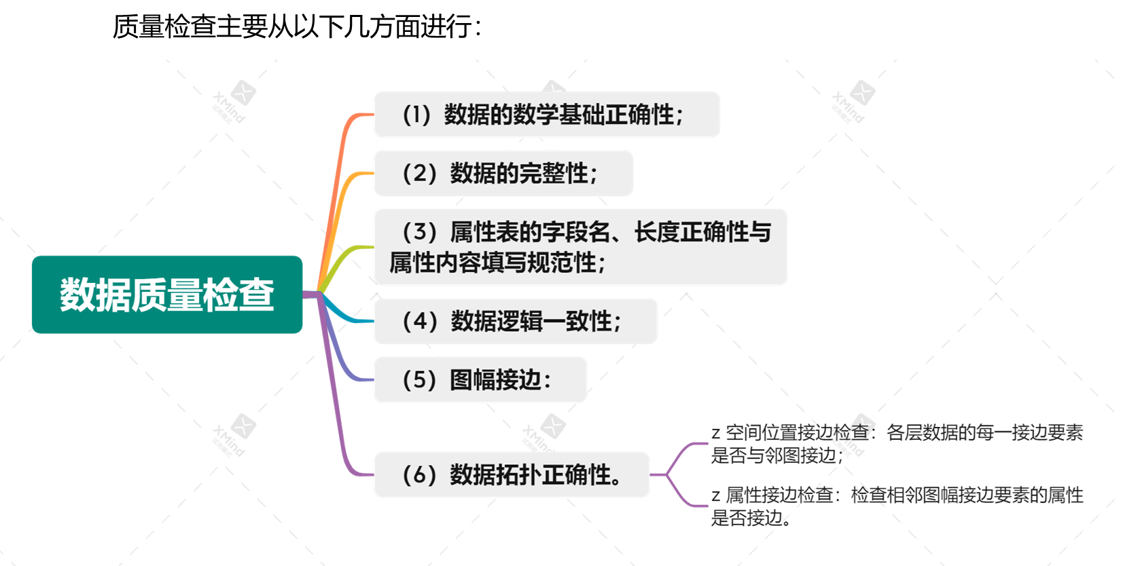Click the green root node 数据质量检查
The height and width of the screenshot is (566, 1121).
coord(166,295)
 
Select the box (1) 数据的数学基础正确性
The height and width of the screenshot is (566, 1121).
coord(546,115)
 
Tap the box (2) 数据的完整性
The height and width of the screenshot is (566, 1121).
coord(503,174)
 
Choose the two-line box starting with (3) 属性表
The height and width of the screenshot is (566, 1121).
coord(580,247)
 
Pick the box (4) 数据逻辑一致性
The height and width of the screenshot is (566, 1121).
coord(515,321)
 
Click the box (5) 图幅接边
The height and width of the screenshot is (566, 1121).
coord(480,379)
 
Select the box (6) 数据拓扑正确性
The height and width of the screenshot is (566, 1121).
coord(511,474)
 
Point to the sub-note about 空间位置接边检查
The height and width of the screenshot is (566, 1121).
coord(897,443)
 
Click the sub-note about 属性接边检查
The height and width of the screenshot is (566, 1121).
coord(897,506)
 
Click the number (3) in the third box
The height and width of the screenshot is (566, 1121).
coord(419,232)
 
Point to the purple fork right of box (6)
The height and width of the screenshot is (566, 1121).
coord(669,474)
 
